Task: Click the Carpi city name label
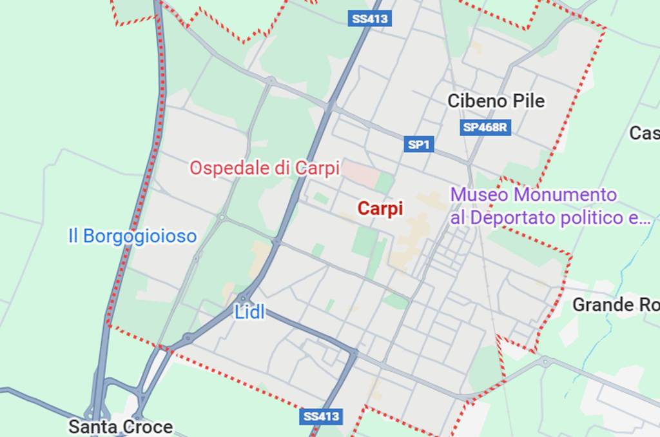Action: point(380,208)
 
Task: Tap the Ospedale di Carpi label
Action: point(264,168)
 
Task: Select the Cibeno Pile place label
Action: point(496,101)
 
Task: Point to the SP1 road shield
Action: point(418,145)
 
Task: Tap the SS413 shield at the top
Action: point(370,18)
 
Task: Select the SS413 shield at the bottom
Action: point(320,416)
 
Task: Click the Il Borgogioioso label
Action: point(132,236)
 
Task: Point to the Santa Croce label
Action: point(121,427)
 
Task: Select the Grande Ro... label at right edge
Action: point(616,304)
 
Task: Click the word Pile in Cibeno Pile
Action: point(529,101)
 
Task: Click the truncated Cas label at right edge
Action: point(644,133)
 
